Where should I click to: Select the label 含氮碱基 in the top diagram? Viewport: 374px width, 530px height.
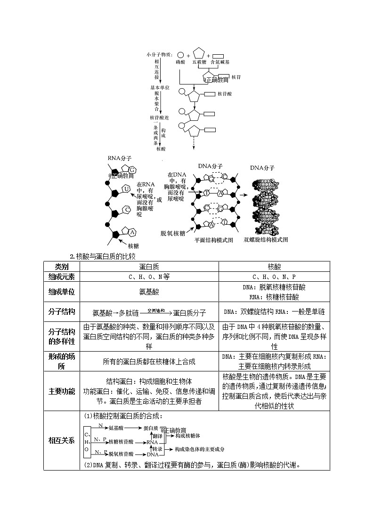coord(220,62)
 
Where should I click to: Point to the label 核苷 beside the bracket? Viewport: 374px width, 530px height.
coord(236,77)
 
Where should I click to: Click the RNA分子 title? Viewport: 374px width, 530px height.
coord(120,158)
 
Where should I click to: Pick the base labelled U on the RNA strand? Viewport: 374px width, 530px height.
coord(126,189)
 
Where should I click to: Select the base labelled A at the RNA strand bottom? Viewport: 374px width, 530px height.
coord(132,232)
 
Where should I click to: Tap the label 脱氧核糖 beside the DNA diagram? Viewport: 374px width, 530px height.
coord(172,233)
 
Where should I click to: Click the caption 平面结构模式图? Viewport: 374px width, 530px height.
coord(214,240)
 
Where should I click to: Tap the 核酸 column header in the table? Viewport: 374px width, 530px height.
coord(274,266)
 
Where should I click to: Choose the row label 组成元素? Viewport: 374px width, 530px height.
coord(62,277)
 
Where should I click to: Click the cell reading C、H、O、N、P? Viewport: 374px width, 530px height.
coord(274,277)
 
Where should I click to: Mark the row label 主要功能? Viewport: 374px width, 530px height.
coord(62,391)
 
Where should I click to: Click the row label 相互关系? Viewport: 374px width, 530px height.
coord(62,440)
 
